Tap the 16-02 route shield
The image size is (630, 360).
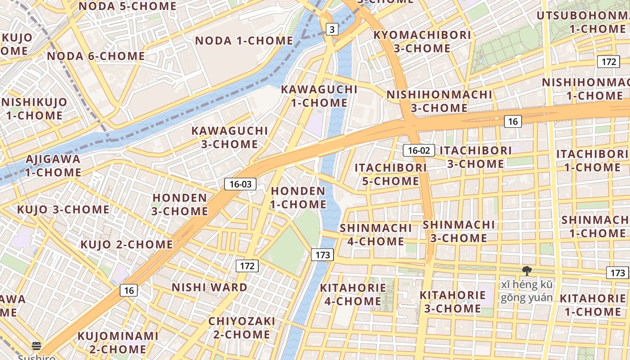[418, 150]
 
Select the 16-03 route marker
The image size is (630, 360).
[240, 184]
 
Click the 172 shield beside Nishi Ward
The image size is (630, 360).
[247, 266]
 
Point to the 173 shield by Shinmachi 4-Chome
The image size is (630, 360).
[323, 255]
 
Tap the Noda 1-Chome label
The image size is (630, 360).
[244, 40]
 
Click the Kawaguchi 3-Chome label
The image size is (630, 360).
[229, 138]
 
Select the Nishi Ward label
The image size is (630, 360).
[210, 287]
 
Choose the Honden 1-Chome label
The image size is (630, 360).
[298, 198]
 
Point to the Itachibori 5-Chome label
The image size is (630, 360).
[391, 174]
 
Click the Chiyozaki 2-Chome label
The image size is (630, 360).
[242, 328]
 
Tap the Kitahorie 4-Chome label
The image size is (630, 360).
[353, 294]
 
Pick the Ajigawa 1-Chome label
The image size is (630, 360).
[53, 166]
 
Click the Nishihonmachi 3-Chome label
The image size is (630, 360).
[439, 101]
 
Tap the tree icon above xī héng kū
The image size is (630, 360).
[526, 270]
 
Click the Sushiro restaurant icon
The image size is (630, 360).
[37, 346]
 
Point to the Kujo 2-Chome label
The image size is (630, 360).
[126, 244]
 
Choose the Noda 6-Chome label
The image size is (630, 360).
[96, 56]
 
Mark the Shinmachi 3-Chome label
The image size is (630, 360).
[459, 231]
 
